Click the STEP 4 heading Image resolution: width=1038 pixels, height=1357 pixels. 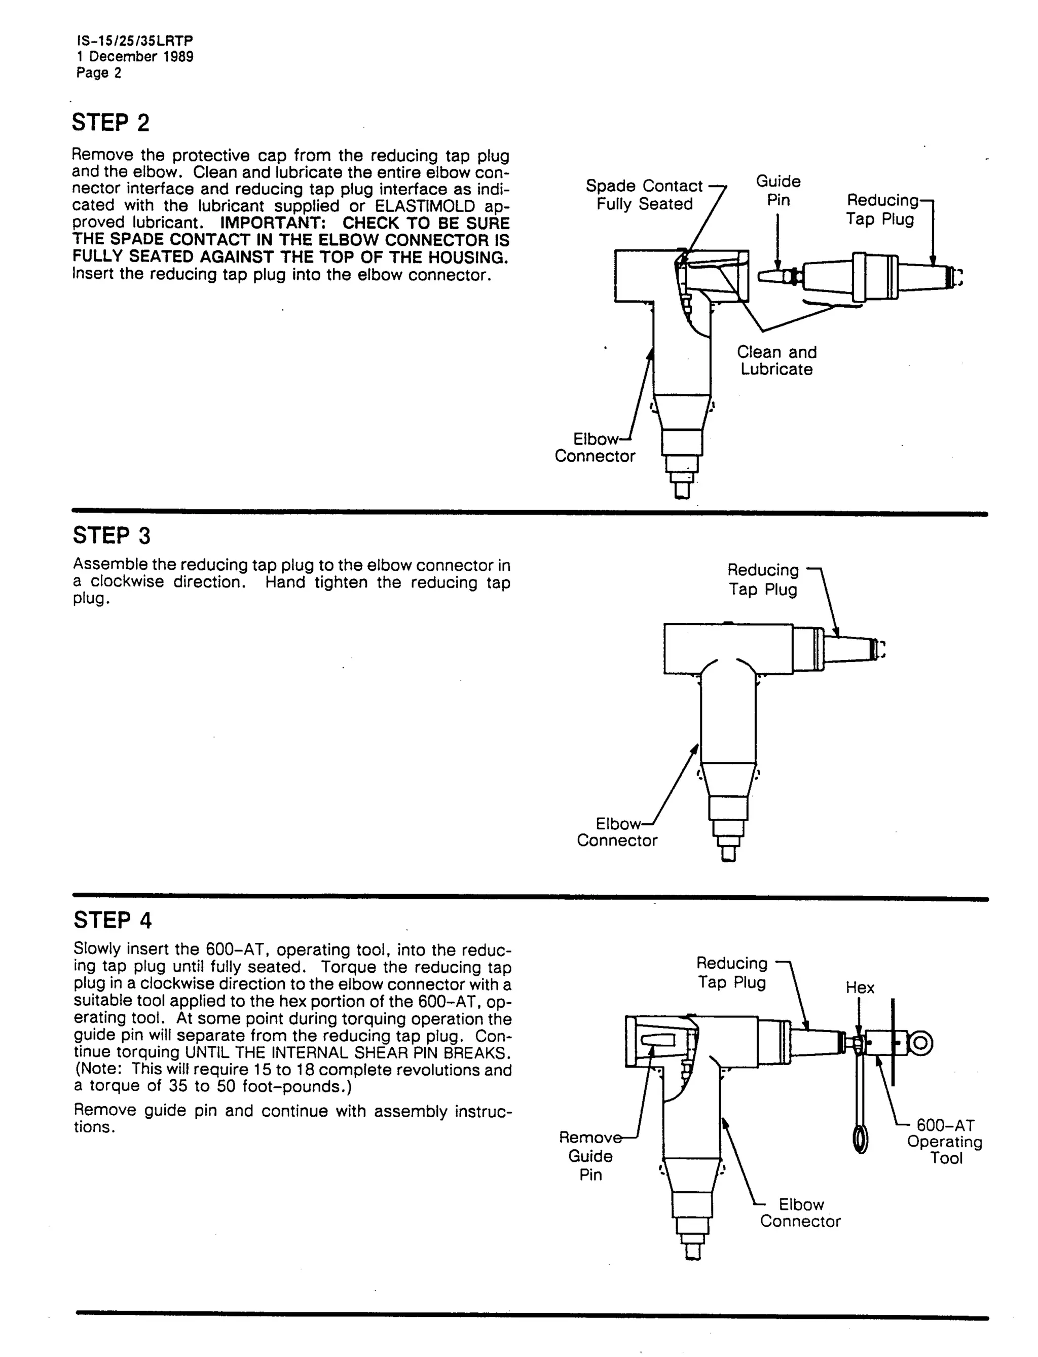coord(113,920)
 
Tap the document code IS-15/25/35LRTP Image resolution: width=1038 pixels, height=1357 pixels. coord(135,41)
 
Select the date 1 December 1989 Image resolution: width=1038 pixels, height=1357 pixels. coord(135,57)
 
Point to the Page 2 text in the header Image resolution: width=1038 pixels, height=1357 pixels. coord(99,73)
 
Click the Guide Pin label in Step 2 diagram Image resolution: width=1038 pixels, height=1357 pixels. coord(778,190)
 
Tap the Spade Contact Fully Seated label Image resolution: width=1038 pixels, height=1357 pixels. coord(644,195)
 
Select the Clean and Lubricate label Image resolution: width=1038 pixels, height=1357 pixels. coord(776,360)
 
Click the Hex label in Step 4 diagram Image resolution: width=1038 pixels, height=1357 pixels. coord(860,987)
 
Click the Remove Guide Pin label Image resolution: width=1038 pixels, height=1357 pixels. coord(590,1156)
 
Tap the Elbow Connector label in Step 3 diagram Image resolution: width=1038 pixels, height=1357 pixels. coord(617,832)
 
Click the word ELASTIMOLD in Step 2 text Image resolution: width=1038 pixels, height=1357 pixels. coord(425,206)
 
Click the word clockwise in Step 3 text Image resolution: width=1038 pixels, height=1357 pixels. coord(127,581)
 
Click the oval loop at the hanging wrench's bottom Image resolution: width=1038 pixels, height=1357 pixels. coord(860,1140)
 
